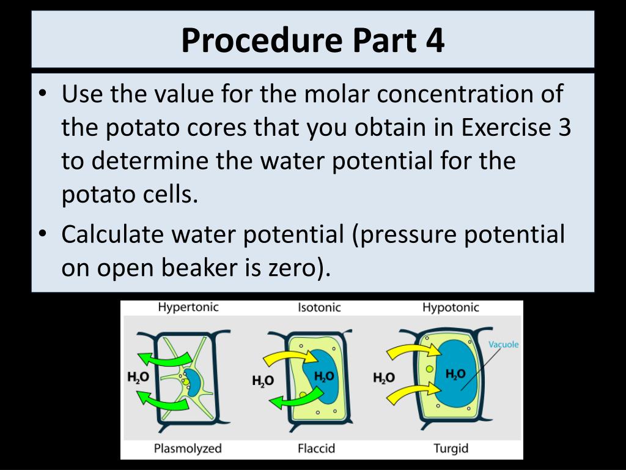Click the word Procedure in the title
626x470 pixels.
pos(261,40)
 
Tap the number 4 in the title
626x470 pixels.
pos(433,40)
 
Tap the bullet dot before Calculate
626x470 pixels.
pos(42,234)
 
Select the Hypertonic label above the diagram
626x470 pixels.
pos(188,307)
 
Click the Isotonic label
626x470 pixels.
pos(319,307)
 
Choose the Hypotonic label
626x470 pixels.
pos(451,307)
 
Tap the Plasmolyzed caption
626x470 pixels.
pos(188,449)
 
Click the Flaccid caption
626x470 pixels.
pos(316,449)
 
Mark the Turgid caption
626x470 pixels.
pos(451,449)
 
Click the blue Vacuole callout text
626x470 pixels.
pos(503,345)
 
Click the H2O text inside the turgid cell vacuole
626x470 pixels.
pos(455,374)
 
